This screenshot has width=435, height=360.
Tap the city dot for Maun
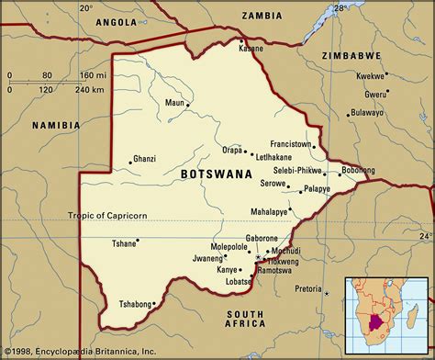tap(188, 104)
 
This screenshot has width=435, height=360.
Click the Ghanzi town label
tap(146, 159)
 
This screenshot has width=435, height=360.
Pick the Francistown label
tap(290, 144)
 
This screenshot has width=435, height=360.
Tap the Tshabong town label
tap(139, 303)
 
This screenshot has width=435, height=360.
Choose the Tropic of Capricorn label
tap(106, 215)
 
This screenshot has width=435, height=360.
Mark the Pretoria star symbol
tap(327, 291)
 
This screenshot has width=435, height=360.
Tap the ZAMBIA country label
tap(262, 16)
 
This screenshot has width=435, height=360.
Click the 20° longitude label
tap(86, 7)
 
